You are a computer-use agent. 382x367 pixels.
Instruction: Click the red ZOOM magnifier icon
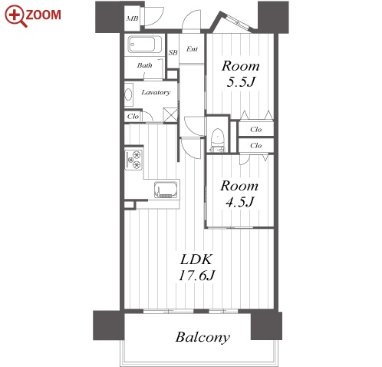point(15,16)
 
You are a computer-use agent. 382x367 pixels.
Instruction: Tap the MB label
point(132,18)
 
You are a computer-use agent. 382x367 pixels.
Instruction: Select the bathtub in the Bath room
point(145,45)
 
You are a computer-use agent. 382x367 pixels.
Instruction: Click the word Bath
point(144,65)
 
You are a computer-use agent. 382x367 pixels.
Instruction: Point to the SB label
point(173,52)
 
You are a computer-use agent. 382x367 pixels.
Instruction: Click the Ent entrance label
point(192,49)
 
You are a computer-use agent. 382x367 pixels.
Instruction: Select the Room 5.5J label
point(241,74)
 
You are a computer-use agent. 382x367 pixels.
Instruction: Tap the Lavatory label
point(156,92)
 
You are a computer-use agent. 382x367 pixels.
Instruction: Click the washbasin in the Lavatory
point(128,94)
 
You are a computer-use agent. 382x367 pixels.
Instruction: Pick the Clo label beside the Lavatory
point(133,117)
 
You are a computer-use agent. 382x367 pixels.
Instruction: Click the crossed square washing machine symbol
point(170,114)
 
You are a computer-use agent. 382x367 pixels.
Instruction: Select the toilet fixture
point(217,141)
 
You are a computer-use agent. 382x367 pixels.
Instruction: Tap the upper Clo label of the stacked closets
point(255,129)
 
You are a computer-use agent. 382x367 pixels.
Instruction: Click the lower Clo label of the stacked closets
point(255,146)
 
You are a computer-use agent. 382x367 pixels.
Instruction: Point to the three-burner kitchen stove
point(133,160)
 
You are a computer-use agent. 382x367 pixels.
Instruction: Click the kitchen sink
point(166,190)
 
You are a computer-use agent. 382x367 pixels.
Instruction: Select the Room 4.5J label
point(239,193)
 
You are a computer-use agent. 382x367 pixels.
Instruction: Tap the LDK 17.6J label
point(196,267)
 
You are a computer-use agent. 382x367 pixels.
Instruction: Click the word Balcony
point(203,337)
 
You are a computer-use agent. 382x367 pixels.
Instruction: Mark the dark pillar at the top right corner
point(273,17)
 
